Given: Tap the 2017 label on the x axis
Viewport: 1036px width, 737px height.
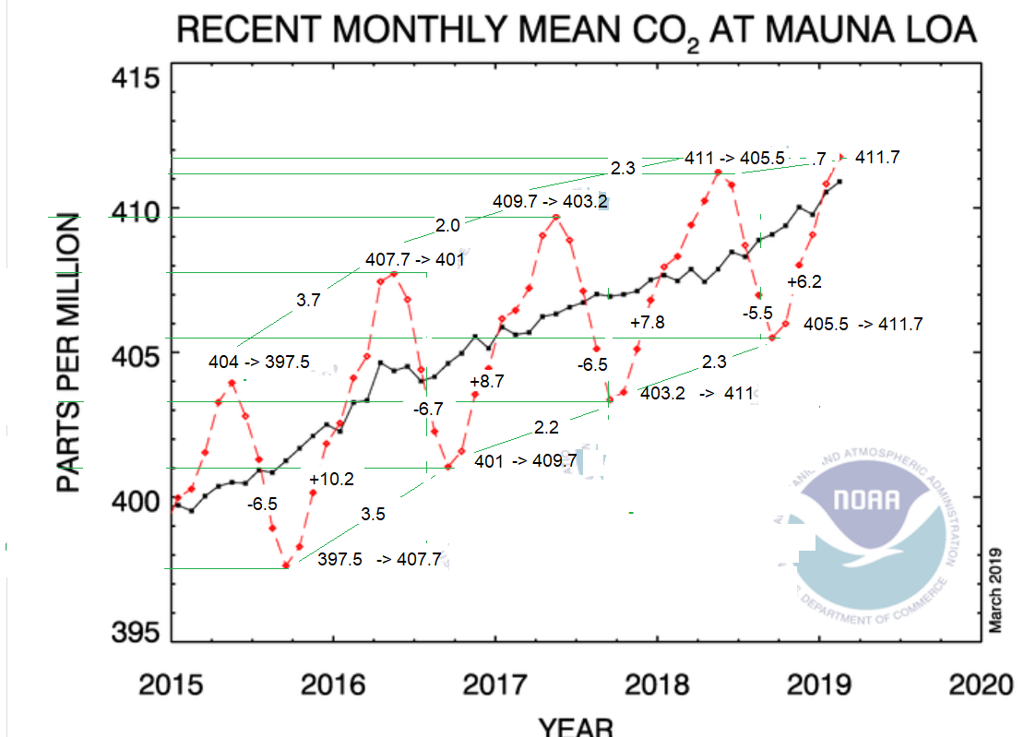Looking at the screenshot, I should [494, 685].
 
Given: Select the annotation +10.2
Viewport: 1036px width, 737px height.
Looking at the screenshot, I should [331, 480].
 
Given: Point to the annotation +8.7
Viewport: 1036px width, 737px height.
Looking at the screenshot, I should [487, 382].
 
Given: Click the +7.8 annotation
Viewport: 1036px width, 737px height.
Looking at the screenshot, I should [647, 323].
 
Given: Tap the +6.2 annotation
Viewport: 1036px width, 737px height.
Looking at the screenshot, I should [804, 282].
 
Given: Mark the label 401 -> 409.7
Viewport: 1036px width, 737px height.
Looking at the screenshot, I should [525, 460].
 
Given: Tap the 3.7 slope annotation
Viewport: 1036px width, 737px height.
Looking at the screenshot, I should [308, 300].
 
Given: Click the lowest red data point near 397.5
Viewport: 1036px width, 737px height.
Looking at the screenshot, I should [286, 565].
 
